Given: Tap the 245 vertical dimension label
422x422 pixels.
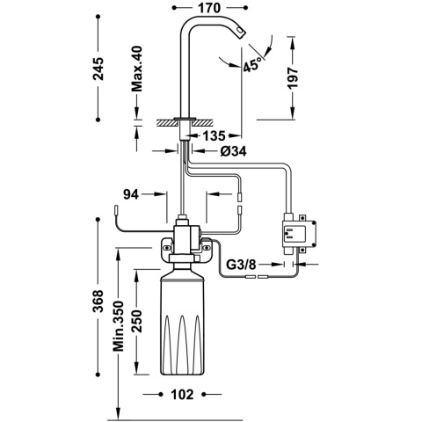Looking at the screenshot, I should tap(99, 68).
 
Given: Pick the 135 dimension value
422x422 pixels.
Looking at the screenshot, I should tap(213, 136).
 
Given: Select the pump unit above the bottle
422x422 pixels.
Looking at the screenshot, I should tap(186, 243).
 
